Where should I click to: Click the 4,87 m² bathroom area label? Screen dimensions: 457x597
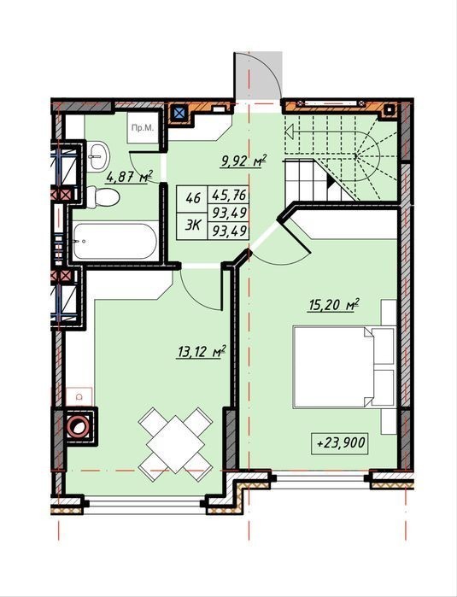tap(130, 177)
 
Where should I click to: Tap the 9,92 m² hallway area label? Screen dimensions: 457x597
tap(243, 161)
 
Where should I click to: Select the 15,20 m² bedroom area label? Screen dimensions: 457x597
tap(334, 306)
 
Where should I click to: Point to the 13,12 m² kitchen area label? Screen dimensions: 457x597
tap(202, 351)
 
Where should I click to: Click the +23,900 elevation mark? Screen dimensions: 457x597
tap(340, 443)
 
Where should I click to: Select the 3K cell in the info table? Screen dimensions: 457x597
tap(192, 225)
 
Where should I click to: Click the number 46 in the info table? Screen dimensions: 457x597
tap(192, 198)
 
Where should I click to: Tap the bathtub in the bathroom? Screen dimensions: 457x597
tap(115, 242)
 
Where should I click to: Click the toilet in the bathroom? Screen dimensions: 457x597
tap(103, 197)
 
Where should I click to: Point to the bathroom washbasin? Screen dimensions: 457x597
tap(98, 156)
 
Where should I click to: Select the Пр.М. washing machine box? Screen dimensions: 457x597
tap(143, 127)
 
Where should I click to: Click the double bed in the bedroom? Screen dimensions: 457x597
tap(344, 366)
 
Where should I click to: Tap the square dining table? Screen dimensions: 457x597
tap(176, 439)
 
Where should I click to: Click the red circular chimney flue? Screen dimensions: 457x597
tap(79, 426)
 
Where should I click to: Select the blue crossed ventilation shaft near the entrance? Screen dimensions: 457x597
tap(179, 113)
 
